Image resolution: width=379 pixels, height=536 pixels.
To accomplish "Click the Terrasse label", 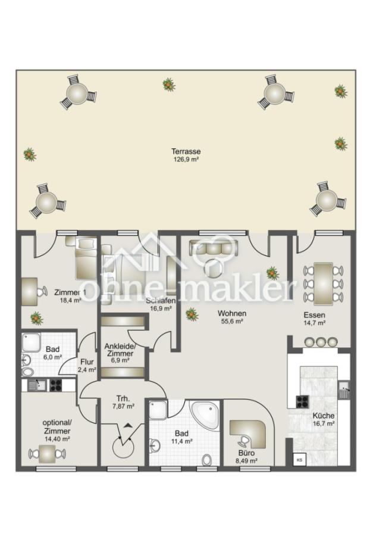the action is (x=186, y=151).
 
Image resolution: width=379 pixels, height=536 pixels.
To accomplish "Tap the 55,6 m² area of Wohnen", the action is (x=232, y=322).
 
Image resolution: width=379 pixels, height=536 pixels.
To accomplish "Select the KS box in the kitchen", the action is (x=299, y=459).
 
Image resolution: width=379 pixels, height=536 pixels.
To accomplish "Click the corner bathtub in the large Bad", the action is (x=204, y=416).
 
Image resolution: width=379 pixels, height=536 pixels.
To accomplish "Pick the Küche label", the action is (x=323, y=416).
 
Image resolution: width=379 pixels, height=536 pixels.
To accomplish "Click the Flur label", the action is (x=87, y=362).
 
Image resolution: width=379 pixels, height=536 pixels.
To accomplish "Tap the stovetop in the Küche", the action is (x=302, y=401).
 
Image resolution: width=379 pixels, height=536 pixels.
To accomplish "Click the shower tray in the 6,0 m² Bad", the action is (x=31, y=342).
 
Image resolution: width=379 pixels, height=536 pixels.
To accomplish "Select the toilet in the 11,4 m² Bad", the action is (x=207, y=460).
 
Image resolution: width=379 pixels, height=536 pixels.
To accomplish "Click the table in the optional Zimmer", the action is (x=48, y=454).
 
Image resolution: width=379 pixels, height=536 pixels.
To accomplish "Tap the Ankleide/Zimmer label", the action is (x=120, y=350).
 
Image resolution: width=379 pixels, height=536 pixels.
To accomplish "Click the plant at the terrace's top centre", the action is (x=169, y=84).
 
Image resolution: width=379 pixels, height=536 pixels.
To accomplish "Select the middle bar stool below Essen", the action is (x=320, y=341).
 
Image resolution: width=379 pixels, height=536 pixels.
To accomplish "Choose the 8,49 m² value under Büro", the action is (x=246, y=460).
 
